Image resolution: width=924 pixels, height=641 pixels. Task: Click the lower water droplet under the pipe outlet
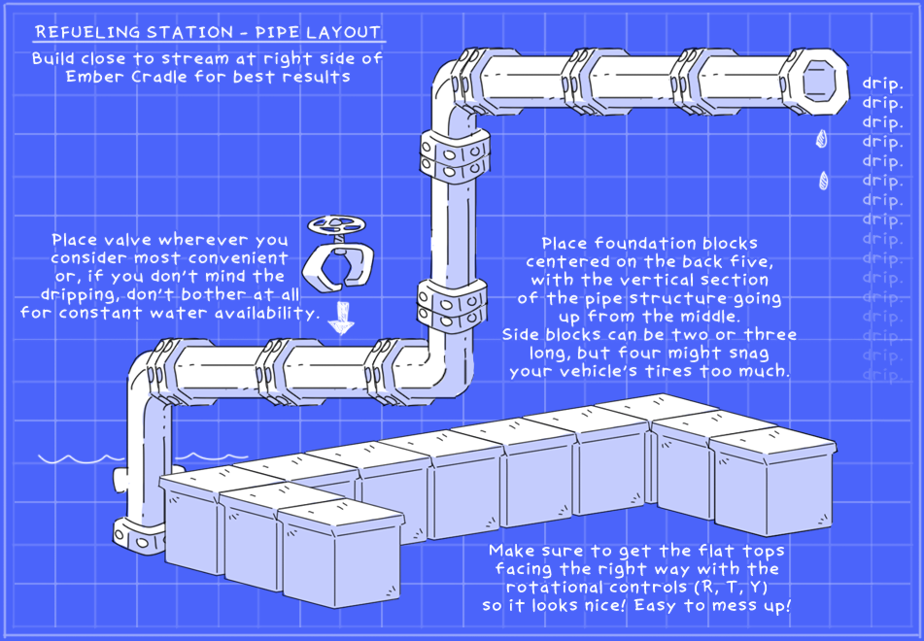click(824, 181)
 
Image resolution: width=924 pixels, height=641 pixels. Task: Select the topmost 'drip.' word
click(882, 84)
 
